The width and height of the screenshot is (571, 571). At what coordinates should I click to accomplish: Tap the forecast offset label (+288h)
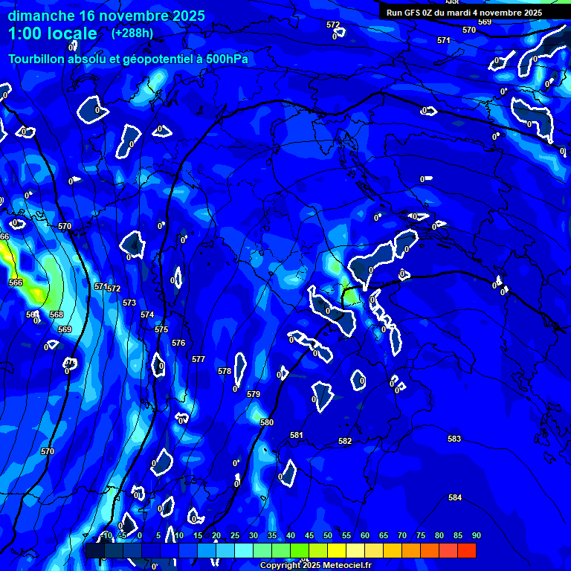tap(132, 33)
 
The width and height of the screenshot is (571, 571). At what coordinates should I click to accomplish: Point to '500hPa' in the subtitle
tap(227, 59)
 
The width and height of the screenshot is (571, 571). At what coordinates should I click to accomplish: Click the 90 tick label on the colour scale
tap(476, 536)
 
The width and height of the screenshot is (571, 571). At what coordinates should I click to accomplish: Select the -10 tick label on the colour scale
tap(106, 536)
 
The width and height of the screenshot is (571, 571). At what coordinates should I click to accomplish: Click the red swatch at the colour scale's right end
tap(466, 550)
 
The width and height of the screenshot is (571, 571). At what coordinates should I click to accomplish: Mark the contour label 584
tap(455, 497)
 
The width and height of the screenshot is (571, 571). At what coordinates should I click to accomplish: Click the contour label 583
tap(454, 439)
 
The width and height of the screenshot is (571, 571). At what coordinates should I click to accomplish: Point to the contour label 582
tap(345, 441)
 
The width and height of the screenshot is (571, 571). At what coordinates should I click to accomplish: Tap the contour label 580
tap(267, 422)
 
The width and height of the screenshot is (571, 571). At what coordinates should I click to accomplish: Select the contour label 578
tap(225, 371)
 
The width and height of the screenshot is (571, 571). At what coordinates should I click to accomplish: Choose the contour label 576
tap(178, 343)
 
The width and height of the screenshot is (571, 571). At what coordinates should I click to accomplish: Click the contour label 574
tap(147, 314)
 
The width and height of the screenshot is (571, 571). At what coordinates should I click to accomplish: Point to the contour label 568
tap(57, 314)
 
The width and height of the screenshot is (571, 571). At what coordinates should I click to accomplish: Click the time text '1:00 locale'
tap(53, 33)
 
